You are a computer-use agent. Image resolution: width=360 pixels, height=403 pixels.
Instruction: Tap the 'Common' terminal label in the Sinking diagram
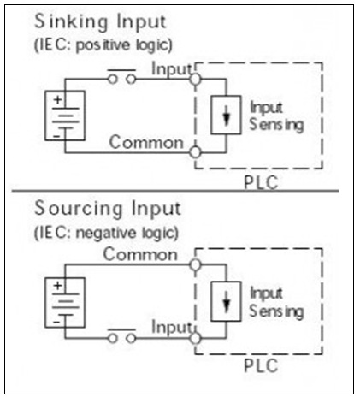tap(145, 141)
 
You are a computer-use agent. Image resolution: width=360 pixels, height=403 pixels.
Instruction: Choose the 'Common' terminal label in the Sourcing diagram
tap(141, 254)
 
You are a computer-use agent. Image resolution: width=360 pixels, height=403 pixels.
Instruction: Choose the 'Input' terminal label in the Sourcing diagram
tap(170, 326)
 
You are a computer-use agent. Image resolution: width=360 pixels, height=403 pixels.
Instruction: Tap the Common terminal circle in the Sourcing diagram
tap(195, 264)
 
